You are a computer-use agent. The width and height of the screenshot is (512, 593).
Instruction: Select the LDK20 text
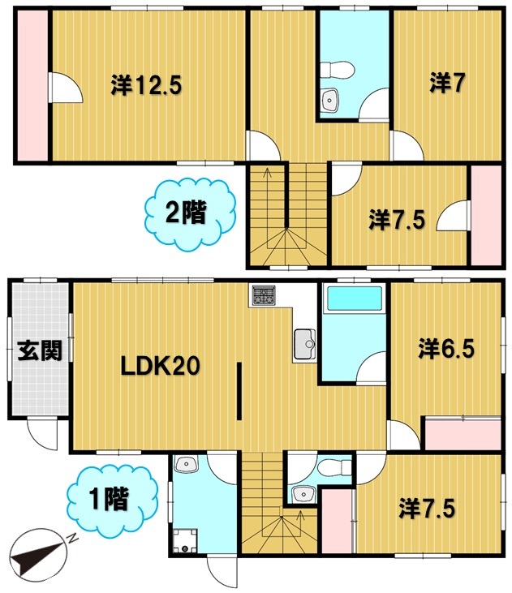(160, 367)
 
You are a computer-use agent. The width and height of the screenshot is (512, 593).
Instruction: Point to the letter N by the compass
(71, 537)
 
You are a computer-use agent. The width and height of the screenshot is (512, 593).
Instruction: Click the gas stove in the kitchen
(263, 295)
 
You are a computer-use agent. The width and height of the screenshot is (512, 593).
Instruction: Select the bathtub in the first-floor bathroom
(354, 301)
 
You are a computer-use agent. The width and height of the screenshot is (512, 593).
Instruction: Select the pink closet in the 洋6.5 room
(463, 434)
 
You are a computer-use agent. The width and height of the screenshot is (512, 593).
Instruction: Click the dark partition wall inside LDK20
(239, 391)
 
